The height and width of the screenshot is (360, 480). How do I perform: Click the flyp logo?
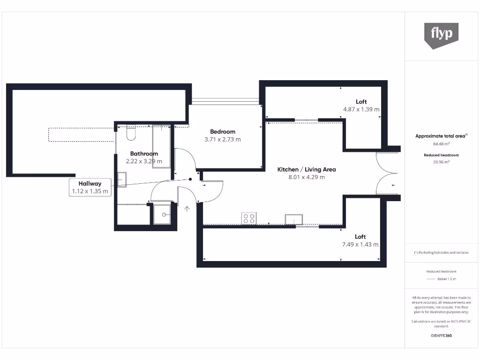pos(441,35)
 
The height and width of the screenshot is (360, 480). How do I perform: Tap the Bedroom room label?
pos(223,132)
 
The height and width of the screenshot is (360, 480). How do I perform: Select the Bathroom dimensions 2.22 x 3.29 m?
pos(144,161)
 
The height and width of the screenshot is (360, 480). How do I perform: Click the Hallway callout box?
pos(90,187)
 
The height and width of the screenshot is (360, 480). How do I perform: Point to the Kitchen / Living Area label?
pos(307,170)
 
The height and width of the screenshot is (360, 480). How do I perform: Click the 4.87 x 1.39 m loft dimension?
pos(361,109)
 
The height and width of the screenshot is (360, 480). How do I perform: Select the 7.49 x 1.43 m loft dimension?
pos(360,245)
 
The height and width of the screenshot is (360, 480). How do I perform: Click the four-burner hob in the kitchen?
pos(249,218)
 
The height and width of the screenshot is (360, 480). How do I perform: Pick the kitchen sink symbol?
pos(294,219)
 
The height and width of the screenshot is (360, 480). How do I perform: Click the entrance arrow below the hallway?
pos(187,209)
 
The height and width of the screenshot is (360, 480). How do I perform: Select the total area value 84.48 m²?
pos(441,144)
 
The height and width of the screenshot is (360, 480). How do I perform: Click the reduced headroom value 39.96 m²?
pos(441,162)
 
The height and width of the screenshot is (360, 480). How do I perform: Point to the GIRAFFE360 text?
pos(441,336)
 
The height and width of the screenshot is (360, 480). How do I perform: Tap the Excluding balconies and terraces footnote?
pos(441,253)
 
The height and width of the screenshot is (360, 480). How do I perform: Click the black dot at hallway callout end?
pos(190,179)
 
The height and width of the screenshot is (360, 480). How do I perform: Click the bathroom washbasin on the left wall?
pos(122,180)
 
